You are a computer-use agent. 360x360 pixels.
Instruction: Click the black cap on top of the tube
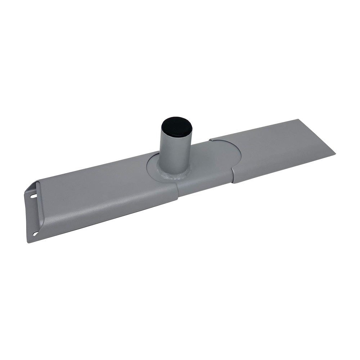pos(172,126)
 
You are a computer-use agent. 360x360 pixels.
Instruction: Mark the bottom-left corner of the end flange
pos(29,241)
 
